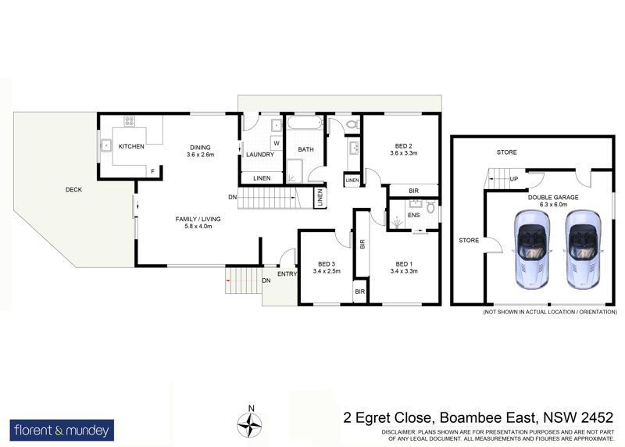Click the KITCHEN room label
coord(131,146)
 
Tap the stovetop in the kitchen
coord(129,121)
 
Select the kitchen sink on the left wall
coord(105,146)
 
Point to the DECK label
coord(73,190)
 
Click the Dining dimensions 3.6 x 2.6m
coord(200,154)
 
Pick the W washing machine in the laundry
coord(277,143)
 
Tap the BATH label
coord(305,149)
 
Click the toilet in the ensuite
coord(430,207)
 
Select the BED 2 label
coord(403,146)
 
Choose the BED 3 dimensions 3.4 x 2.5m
coord(327,271)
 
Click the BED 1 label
coord(404,264)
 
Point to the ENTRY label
coord(287,274)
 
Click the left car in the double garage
coord(532,249)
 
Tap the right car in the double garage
coord(583,249)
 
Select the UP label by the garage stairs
coord(514,179)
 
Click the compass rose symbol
coord(249,425)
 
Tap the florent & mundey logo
coord(62,431)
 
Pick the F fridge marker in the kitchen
coord(152,171)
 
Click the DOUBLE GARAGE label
coord(553,198)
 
